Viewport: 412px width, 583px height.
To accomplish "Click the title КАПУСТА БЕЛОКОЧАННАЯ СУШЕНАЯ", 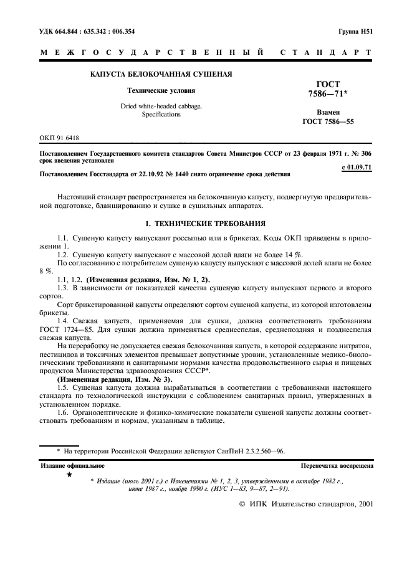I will tap(161, 75).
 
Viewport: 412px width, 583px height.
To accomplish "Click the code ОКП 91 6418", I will tap(59, 138).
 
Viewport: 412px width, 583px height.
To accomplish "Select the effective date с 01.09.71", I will tap(357, 167).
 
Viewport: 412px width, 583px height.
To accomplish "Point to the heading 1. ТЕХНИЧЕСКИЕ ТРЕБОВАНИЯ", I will tap(206, 223).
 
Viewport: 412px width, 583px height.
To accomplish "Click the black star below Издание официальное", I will tap(69, 475).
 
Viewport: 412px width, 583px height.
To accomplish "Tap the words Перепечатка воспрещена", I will tap(337, 465).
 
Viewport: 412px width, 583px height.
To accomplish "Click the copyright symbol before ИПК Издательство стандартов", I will tap(243, 505).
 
